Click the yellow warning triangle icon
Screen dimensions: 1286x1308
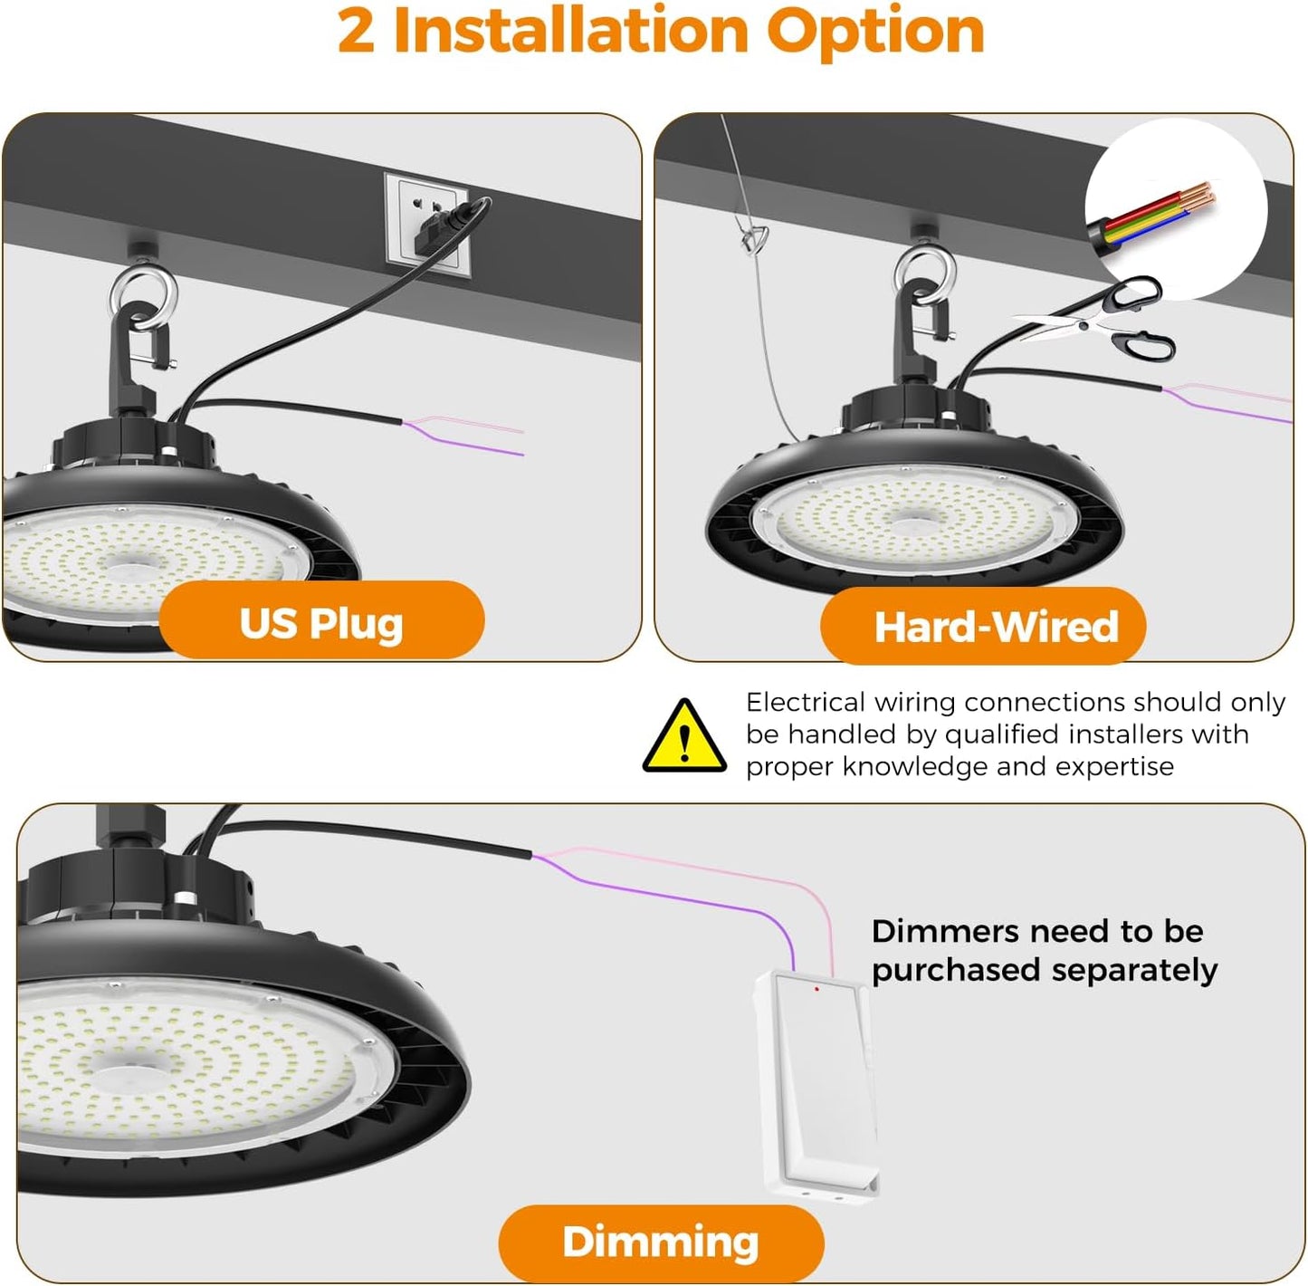click(684, 737)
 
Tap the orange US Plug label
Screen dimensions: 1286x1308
click(321, 622)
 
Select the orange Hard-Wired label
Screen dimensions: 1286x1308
click(984, 626)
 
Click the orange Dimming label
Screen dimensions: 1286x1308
click(661, 1242)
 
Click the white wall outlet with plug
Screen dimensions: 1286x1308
click(428, 226)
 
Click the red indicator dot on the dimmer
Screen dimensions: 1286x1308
click(816, 989)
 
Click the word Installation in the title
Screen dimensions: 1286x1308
click(570, 32)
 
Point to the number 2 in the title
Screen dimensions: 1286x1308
click(356, 32)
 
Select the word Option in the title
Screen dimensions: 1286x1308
click(875, 32)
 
